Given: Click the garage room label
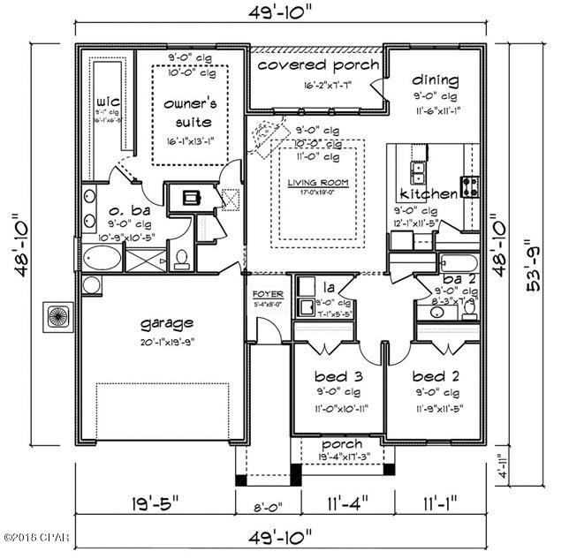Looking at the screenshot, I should pyautogui.click(x=165, y=323).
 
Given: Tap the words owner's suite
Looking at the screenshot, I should pyautogui.click(x=190, y=110).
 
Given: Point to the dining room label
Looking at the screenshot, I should pyautogui.click(x=436, y=78).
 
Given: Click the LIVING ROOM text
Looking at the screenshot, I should pyautogui.click(x=315, y=183).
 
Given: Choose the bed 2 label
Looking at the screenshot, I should pyautogui.click(x=436, y=375).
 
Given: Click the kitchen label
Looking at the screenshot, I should pyautogui.click(x=429, y=193).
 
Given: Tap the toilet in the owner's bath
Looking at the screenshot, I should pyautogui.click(x=182, y=258).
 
